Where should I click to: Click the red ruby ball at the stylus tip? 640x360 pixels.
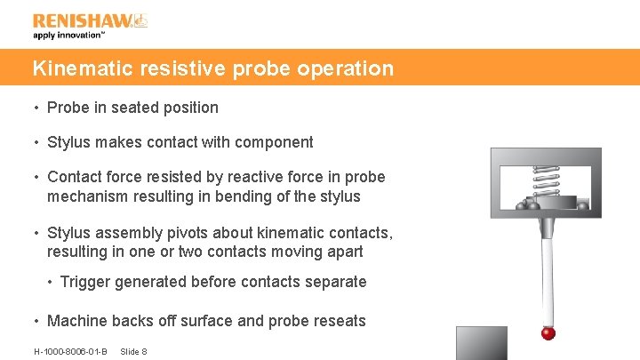pyautogui.click(x=548, y=333)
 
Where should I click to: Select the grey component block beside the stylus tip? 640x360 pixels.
pyautogui.click(x=481, y=342)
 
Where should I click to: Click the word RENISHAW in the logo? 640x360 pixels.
pyautogui.click(x=79, y=20)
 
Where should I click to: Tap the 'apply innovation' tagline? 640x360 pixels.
pyautogui.click(x=69, y=36)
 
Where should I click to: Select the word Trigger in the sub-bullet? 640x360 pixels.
pyautogui.click(x=85, y=282)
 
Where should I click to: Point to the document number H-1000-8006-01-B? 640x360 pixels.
pyautogui.click(x=70, y=351)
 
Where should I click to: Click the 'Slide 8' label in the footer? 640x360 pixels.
pyautogui.click(x=133, y=351)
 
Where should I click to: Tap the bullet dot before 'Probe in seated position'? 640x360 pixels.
pyautogui.click(x=36, y=108)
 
